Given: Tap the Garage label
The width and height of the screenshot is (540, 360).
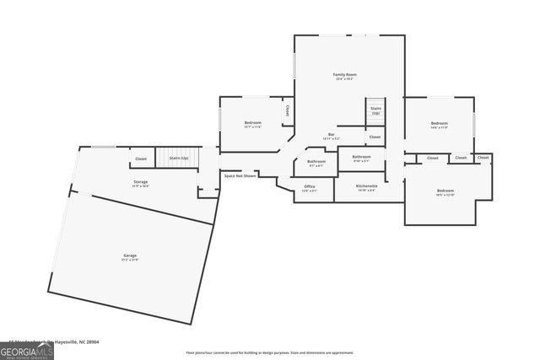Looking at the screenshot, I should click(x=129, y=255).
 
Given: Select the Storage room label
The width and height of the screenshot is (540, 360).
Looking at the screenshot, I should click(x=140, y=181).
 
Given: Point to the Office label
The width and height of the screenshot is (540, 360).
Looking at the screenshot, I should click(x=310, y=187).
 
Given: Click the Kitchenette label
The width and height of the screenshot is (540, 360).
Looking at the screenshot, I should click(x=366, y=186).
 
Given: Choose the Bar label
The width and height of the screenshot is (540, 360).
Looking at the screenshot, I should click(x=332, y=135).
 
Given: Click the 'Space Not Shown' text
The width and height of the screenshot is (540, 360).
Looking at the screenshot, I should click(x=240, y=175).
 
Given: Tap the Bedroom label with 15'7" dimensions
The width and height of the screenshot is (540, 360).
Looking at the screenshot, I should click(x=253, y=123).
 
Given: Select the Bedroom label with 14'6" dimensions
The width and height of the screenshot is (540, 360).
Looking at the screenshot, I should click(x=439, y=123).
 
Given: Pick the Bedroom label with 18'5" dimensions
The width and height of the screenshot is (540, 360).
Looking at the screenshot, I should click(x=445, y=191).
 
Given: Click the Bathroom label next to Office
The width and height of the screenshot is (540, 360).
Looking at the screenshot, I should click(x=316, y=162).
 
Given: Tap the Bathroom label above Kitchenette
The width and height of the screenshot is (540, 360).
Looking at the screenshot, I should click(x=361, y=157).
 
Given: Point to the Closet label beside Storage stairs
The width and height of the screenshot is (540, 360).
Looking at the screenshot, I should click(x=141, y=158).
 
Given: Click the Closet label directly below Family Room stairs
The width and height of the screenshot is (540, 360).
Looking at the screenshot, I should click(x=375, y=137).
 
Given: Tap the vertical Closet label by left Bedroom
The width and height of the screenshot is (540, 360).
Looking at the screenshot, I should click(x=287, y=110).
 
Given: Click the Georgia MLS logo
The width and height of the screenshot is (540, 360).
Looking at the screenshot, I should click(x=27, y=349).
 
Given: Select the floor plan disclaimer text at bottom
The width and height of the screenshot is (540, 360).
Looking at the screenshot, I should click(x=270, y=352).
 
